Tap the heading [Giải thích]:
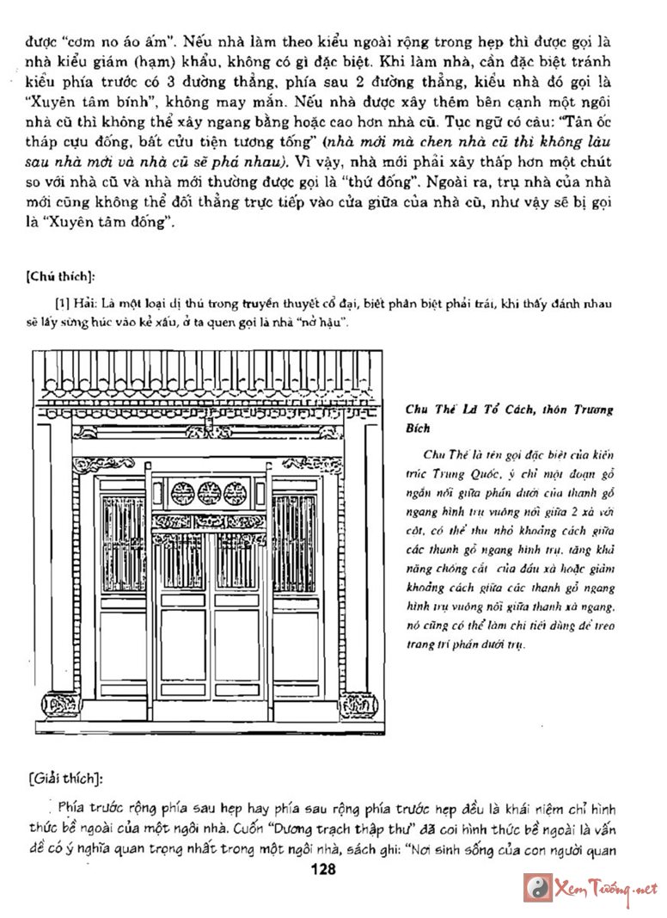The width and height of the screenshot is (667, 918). (x=65, y=779)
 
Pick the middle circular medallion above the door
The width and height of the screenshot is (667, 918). (x=209, y=493)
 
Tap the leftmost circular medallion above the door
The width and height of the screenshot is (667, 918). (x=182, y=493)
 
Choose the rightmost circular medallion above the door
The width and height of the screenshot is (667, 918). (x=236, y=493)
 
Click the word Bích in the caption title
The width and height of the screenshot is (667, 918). (x=418, y=428)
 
